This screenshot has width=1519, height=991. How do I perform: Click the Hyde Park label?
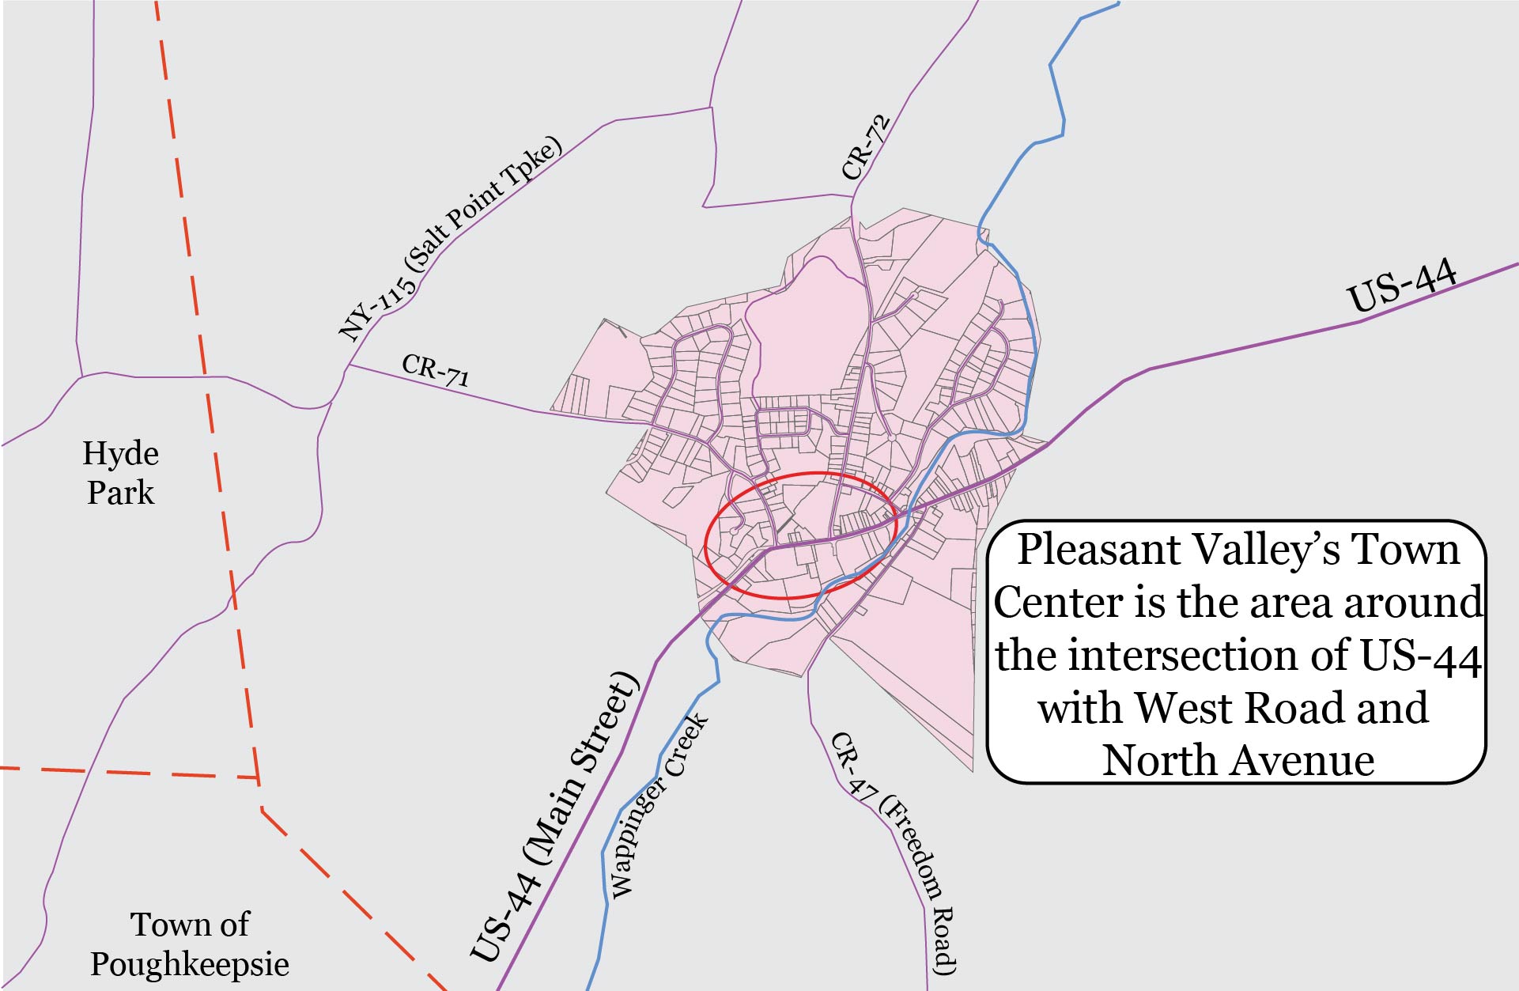click(120, 473)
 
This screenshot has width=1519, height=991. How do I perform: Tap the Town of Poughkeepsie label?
click(189, 944)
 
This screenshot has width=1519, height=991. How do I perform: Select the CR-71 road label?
click(435, 369)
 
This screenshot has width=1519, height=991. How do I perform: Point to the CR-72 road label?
click(866, 147)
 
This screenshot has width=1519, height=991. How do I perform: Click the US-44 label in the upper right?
click(1401, 286)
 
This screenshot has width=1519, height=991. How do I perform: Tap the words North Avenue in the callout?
click(1237, 760)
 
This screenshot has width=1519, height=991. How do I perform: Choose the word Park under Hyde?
click(120, 494)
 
